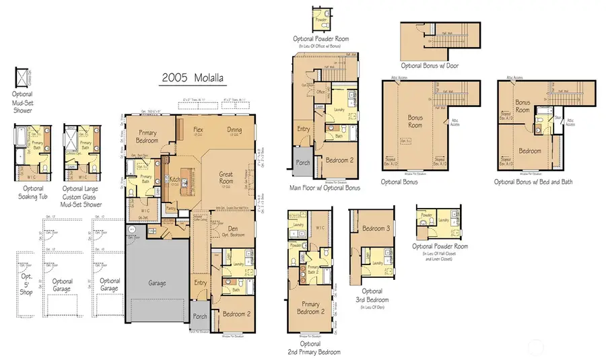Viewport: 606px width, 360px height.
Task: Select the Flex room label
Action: [198, 131]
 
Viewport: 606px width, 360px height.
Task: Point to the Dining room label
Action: [234, 131]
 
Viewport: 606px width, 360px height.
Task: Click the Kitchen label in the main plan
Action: [174, 179]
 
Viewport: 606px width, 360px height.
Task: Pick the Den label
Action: [236, 230]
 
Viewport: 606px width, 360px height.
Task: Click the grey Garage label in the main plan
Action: [158, 283]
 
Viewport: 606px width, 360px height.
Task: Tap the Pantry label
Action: [171, 209]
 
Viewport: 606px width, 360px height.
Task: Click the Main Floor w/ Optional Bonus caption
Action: [324, 188]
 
